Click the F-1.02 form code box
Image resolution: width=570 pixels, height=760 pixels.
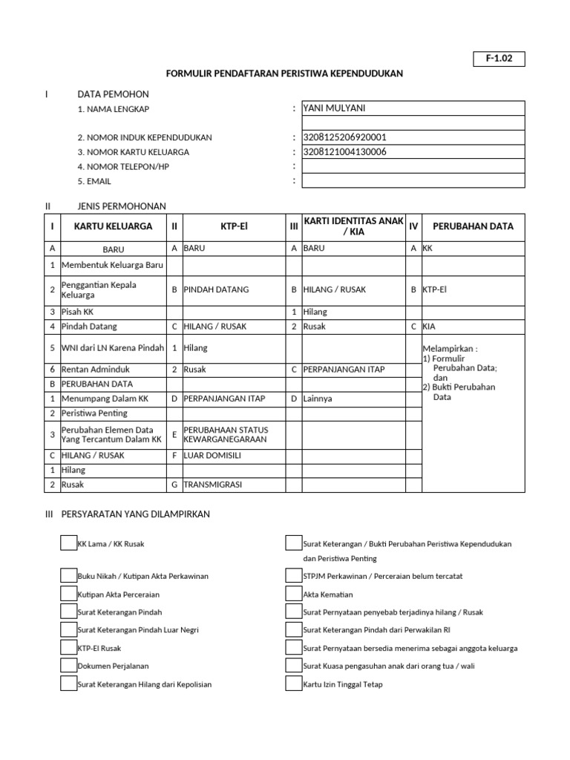[x=499, y=59]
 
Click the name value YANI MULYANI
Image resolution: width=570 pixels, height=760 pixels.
[x=334, y=108]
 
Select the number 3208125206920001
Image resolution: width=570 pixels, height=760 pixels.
[x=344, y=137]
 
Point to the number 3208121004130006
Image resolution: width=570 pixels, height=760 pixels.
[x=344, y=152]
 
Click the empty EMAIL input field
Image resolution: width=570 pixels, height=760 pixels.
[x=413, y=181]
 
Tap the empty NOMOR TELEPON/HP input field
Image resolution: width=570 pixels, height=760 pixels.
[x=413, y=166]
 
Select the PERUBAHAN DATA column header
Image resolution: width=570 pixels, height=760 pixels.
[x=473, y=226]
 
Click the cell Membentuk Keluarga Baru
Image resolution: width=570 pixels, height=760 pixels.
[x=117, y=265]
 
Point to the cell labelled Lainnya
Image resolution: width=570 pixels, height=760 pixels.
[x=318, y=399]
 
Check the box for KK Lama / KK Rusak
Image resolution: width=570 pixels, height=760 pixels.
[x=68, y=543]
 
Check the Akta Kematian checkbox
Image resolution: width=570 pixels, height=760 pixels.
[x=294, y=594]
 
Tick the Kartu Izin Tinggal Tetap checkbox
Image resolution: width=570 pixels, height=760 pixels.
[x=294, y=684]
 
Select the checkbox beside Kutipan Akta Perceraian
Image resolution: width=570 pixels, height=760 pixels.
[x=68, y=594]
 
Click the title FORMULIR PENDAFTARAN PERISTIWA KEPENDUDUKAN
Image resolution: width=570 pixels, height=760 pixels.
[x=284, y=74]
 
